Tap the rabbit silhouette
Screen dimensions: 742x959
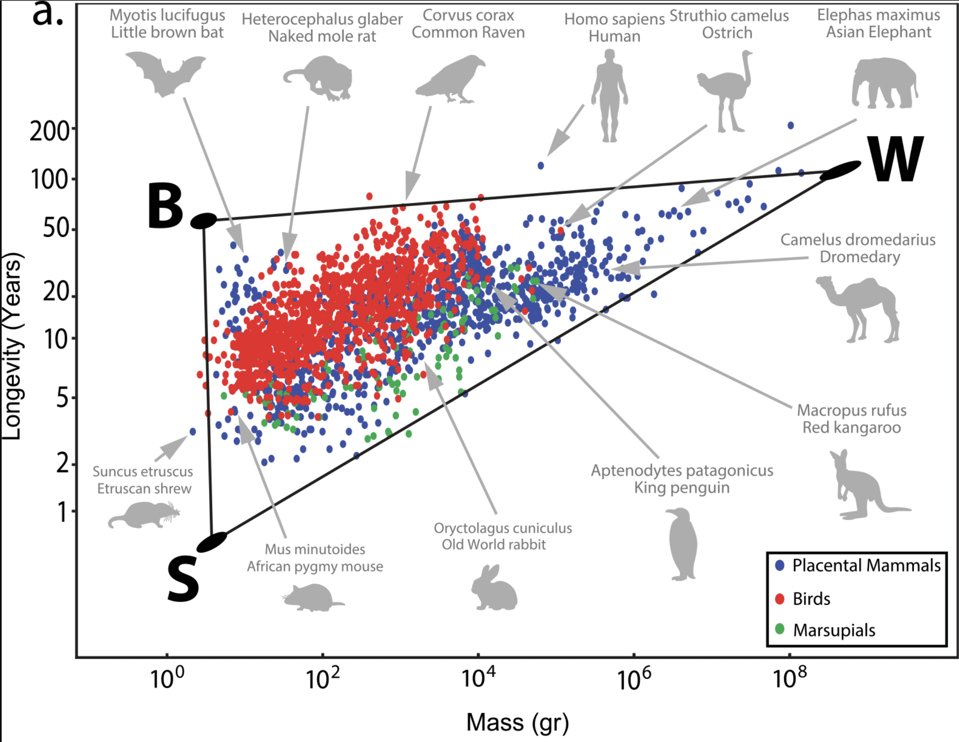click(x=494, y=588)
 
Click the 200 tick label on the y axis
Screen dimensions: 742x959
click(x=49, y=131)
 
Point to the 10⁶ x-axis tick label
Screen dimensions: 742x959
click(x=633, y=679)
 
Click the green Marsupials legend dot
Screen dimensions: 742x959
click(x=780, y=629)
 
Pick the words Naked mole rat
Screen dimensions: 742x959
click(x=322, y=36)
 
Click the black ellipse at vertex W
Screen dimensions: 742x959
click(x=840, y=171)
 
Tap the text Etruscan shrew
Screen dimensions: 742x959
click(x=144, y=489)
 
